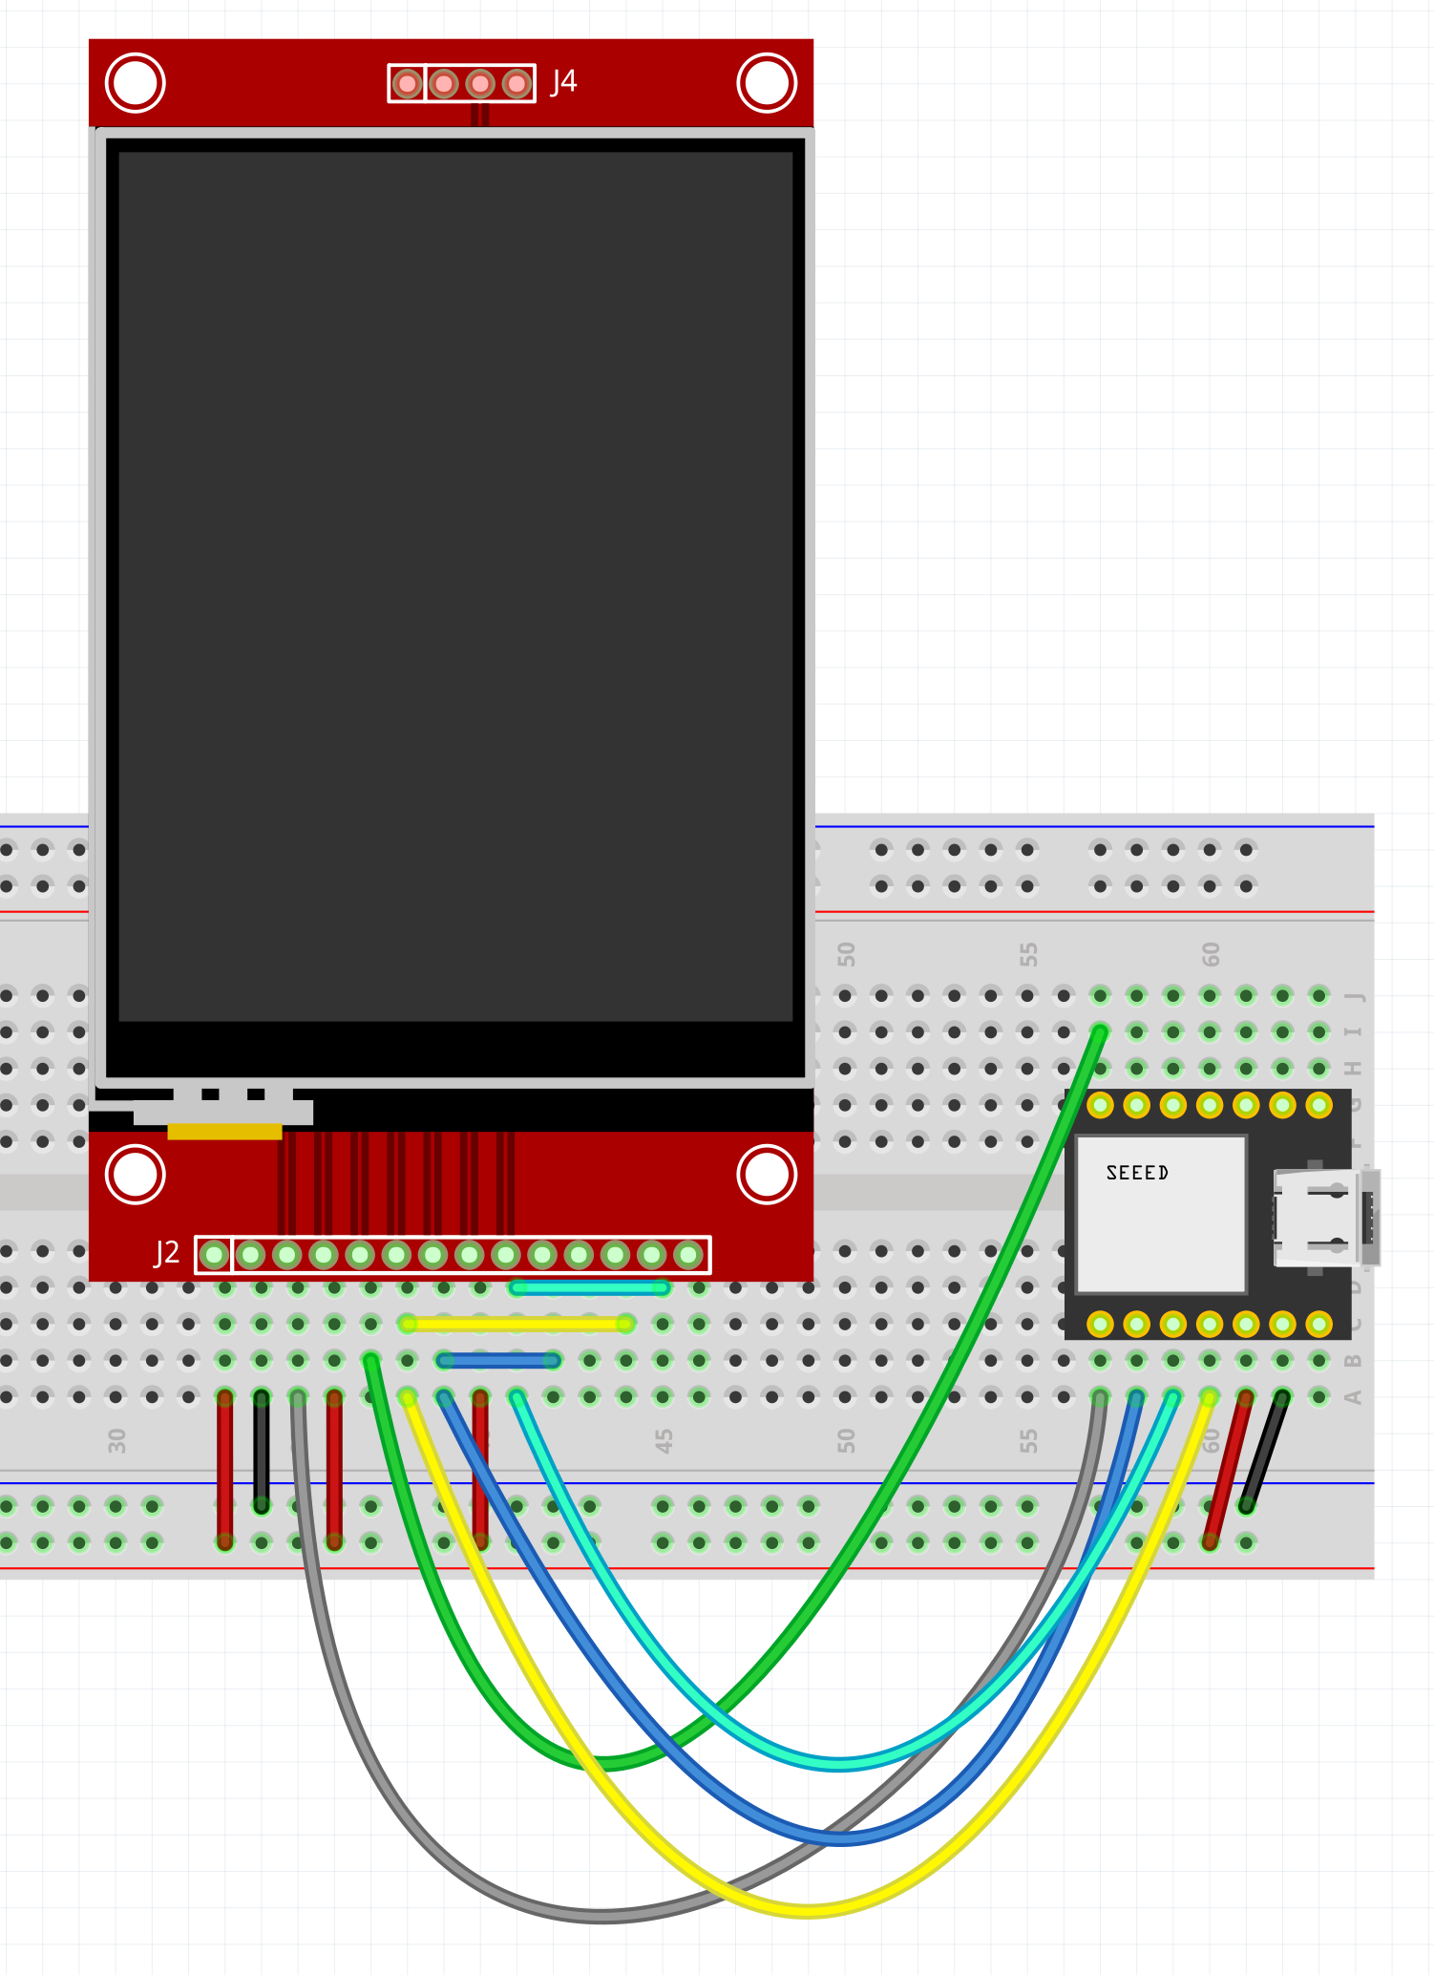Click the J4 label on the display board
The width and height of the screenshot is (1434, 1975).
click(x=564, y=82)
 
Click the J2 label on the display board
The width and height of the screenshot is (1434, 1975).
click(x=167, y=1252)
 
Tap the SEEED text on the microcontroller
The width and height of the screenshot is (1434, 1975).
click(x=1137, y=1173)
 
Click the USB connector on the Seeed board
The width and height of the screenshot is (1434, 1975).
click(x=1322, y=1219)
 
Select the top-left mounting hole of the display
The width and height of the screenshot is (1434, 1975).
click(x=135, y=83)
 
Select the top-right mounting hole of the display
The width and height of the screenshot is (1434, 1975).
click(x=767, y=83)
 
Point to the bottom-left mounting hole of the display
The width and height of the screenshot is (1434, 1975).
click(x=135, y=1174)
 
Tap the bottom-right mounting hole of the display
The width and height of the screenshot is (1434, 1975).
click(x=767, y=1174)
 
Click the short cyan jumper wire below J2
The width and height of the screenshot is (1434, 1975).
click(x=589, y=1287)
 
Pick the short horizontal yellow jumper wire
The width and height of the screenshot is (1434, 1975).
click(x=517, y=1324)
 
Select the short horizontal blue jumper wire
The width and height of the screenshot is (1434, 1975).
click(x=498, y=1360)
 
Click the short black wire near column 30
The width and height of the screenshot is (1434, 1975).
click(x=261, y=1451)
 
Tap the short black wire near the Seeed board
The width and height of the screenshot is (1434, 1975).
click(x=1264, y=1451)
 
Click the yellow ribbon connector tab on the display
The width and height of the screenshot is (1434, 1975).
click(x=224, y=1132)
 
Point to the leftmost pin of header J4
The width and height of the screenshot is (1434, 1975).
click(x=408, y=84)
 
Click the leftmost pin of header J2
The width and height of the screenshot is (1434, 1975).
click(x=215, y=1254)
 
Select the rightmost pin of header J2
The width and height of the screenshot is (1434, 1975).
click(x=688, y=1254)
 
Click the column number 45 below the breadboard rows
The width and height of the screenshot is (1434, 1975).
click(x=664, y=1440)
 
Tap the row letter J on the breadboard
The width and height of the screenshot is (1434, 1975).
click(x=1354, y=996)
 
